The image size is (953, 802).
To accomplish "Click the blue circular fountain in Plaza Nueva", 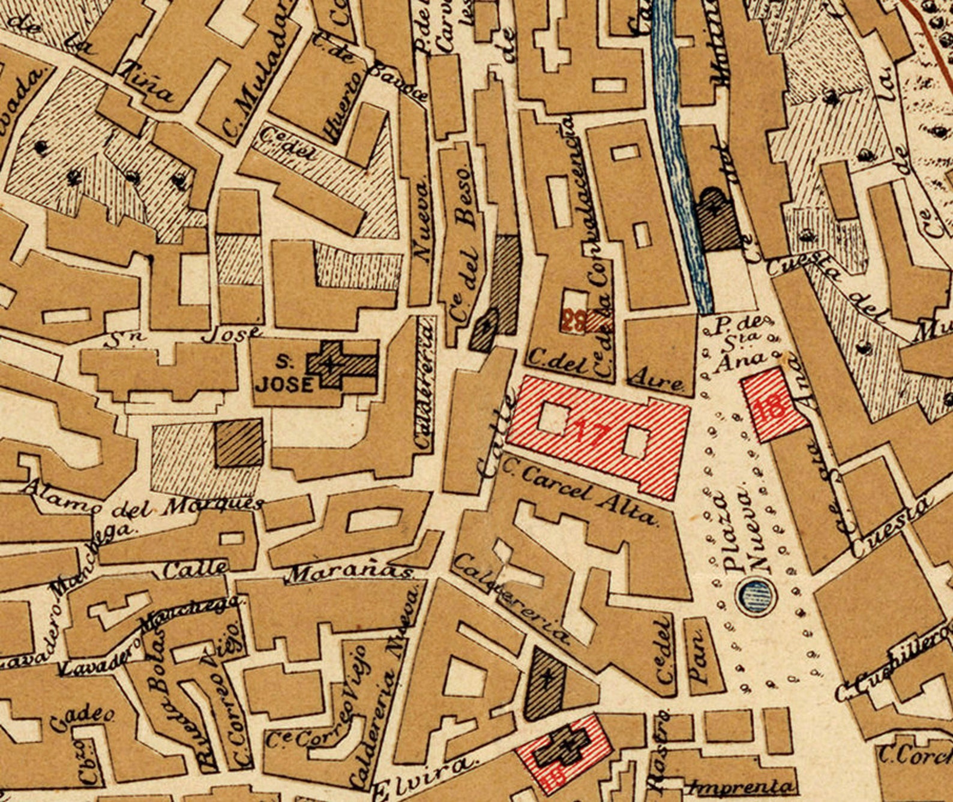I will coord(756,596).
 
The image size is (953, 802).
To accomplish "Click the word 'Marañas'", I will coord(351,573).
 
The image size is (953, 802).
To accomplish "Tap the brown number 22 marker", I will coord(574,322).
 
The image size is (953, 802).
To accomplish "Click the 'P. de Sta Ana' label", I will coord(738,345).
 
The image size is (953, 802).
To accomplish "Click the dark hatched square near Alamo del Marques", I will coord(239,443).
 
